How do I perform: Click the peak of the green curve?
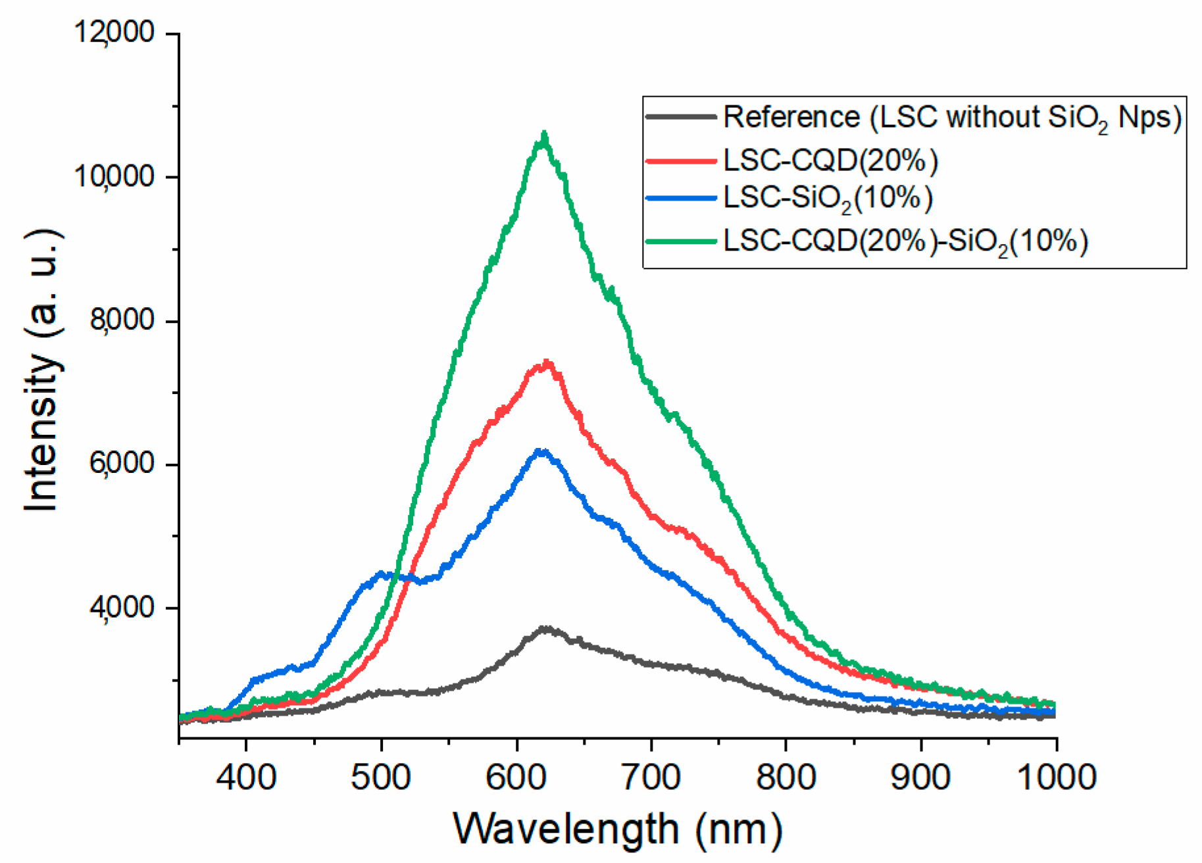[x=544, y=135]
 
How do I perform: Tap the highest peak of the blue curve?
[x=540, y=452]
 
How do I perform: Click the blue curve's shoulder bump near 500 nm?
[x=382, y=574]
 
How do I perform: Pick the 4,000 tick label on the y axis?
[x=122, y=607]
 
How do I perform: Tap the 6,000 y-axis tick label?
[x=122, y=463]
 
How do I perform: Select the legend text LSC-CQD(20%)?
[x=830, y=160]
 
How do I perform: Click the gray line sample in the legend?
[x=680, y=117]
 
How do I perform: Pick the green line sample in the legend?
[x=680, y=241]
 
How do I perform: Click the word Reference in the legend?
[x=791, y=117]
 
